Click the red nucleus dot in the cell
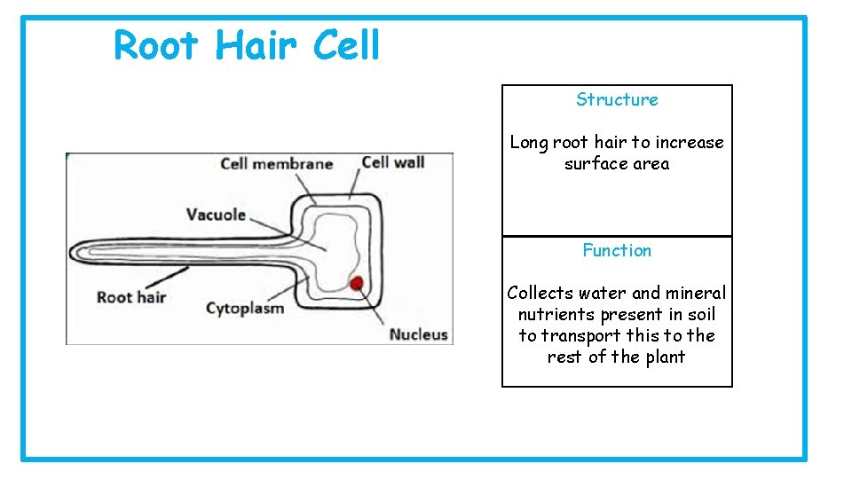(x=357, y=284)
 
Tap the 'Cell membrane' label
(x=276, y=163)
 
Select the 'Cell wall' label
(x=393, y=162)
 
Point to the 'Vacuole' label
(x=216, y=214)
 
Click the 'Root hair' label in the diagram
(x=131, y=297)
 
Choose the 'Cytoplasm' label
(x=245, y=309)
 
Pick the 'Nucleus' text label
(x=419, y=334)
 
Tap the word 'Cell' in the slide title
(x=346, y=45)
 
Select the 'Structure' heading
(x=617, y=99)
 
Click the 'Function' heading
(x=617, y=250)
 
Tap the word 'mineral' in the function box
(x=695, y=293)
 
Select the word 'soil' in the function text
(x=700, y=314)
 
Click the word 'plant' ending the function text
(x=665, y=357)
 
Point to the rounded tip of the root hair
(x=75, y=252)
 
